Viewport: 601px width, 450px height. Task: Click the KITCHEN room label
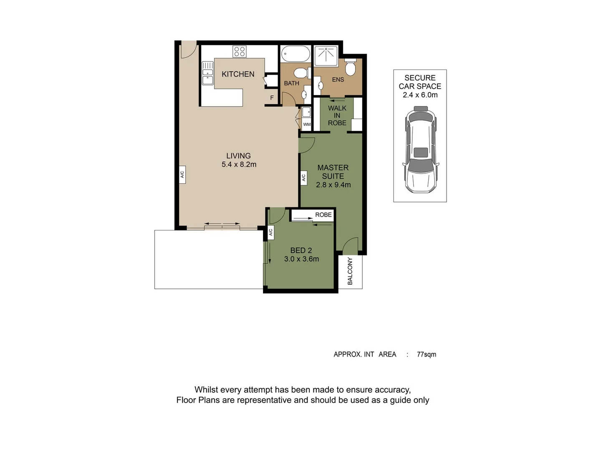pos(238,74)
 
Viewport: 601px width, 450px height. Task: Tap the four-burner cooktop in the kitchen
pos(240,51)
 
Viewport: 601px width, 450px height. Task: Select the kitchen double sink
pos(207,73)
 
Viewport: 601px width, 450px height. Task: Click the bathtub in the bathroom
pos(295,54)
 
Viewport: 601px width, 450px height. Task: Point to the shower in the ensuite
pos(326,56)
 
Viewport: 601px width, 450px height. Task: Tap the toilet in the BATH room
pos(301,73)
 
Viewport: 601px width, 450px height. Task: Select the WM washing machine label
pos(307,124)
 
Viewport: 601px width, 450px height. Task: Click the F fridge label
pos(272,98)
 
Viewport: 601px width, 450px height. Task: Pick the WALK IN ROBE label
pos(337,115)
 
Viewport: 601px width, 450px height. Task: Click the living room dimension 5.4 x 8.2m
pos(239,165)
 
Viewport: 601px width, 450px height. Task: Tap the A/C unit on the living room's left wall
pos(182,174)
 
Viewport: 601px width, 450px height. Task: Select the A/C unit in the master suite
pos(304,177)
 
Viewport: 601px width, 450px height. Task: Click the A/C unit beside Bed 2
pos(270,232)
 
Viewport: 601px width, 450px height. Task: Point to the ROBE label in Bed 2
pos(323,215)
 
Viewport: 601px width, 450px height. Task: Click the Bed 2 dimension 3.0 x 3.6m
pos(301,259)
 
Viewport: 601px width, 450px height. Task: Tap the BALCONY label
pos(350,271)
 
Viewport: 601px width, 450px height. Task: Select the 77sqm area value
pos(427,354)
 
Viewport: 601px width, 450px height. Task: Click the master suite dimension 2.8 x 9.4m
pos(333,185)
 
